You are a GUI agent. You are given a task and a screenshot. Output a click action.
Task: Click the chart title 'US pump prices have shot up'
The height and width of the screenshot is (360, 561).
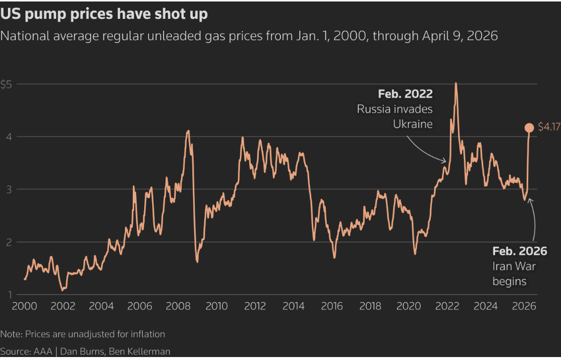pos(104,14)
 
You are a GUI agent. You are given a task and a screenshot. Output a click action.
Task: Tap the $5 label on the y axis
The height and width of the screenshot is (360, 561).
pos(6,84)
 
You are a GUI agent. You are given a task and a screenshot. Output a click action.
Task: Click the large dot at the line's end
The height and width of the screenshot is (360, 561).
pos(529,128)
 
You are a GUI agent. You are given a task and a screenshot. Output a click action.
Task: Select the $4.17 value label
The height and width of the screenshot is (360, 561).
pos(549,128)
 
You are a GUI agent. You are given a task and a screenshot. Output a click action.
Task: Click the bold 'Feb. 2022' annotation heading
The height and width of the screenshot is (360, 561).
pos(405,94)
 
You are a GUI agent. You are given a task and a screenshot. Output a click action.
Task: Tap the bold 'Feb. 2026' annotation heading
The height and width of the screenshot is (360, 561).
pos(519,251)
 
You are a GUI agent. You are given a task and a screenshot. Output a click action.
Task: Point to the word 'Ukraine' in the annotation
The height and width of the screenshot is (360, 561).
pos(413,124)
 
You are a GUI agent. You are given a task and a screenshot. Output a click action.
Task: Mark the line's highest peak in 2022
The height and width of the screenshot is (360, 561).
pos(455,83)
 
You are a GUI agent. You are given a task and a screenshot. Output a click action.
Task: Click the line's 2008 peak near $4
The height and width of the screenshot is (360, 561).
pos(188,131)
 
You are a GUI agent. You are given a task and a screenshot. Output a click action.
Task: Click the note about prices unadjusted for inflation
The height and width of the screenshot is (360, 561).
pos(83,334)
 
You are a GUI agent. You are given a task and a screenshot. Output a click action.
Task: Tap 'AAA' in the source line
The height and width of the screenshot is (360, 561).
pos(42,352)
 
